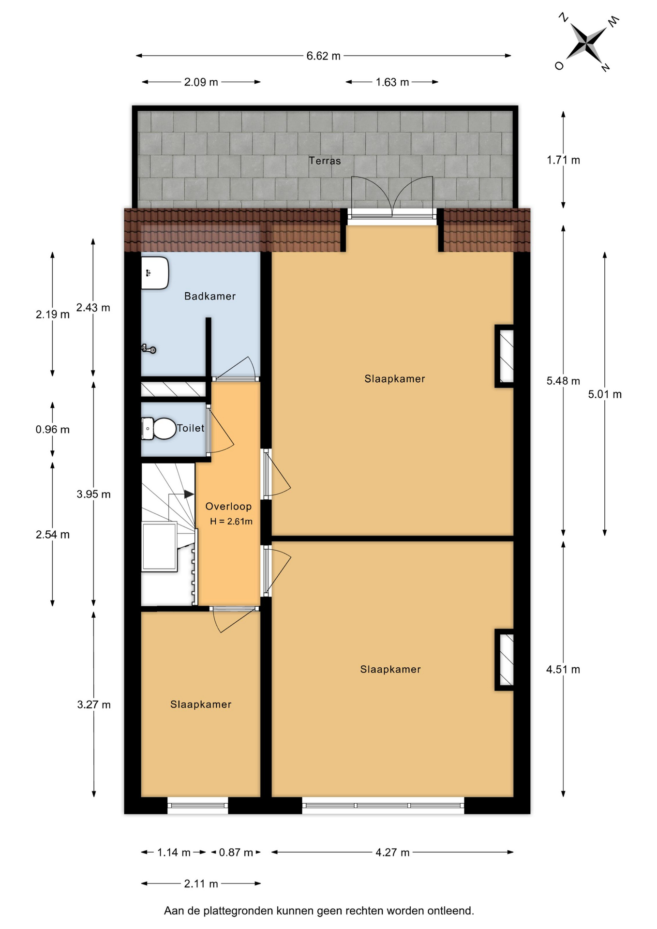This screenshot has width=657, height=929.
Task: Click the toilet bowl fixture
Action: [159, 429]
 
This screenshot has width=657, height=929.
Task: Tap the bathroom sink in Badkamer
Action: [155, 273]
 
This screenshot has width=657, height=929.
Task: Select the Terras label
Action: [325, 161]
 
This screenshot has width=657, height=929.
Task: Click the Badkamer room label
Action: [210, 296]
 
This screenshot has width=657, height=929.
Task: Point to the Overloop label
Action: [228, 507]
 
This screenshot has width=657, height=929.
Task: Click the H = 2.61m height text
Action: [231, 522]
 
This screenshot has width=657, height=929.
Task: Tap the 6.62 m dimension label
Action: [323, 56]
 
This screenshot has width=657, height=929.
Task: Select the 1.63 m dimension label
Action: [392, 82]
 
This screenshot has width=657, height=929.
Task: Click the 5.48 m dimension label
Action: [563, 381]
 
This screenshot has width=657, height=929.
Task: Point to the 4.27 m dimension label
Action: [392, 853]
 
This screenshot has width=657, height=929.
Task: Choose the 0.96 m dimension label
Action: [53, 430]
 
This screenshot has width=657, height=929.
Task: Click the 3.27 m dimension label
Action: [94, 705]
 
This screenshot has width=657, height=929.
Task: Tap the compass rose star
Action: [586, 43]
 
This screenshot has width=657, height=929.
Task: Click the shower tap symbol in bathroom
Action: [149, 348]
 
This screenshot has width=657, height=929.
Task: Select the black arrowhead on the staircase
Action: [189, 494]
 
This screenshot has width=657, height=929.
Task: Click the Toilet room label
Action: [191, 428]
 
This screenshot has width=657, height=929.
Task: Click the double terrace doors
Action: [392, 198]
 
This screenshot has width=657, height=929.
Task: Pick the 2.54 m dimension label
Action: [53, 535]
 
